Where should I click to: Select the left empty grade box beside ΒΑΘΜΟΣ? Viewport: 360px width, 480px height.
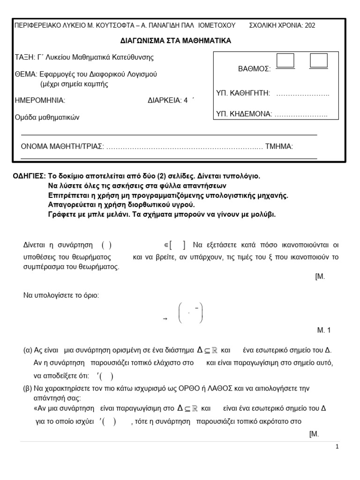[285, 61]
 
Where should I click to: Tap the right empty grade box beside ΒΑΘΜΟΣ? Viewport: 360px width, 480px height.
[319, 61]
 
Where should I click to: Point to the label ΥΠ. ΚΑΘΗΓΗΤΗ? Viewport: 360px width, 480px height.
[243, 93]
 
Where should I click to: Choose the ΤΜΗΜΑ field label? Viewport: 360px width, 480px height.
[279, 146]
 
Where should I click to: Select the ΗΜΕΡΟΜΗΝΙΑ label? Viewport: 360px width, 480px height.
[40, 100]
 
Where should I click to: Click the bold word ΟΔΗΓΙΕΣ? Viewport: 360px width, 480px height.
[29, 176]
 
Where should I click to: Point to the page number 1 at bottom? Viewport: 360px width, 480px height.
[337, 447]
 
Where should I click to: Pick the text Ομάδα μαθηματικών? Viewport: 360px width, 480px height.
[47, 118]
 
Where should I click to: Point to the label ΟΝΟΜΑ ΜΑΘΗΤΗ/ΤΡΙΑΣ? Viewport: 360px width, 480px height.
[62, 146]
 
